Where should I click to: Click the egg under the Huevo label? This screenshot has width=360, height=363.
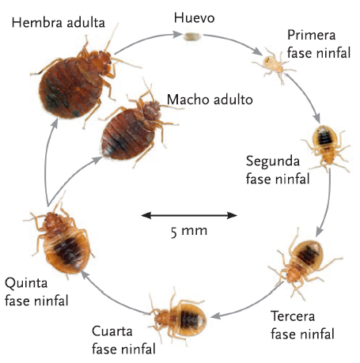tap(192, 36)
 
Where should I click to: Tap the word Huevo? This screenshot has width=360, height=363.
tap(194, 18)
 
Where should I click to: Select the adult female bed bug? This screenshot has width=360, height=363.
tap(78, 79)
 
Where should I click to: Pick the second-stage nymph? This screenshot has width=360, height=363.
tap(327, 146)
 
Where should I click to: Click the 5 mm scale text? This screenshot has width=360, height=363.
tap(189, 231)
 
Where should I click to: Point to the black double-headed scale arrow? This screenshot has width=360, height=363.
tap(189, 215)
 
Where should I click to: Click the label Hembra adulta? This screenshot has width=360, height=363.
tap(59, 23)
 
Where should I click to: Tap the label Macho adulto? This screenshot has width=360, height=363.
tap(210, 100)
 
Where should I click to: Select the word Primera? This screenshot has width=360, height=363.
tap(311, 35)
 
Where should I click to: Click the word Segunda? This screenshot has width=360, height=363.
tap(273, 161)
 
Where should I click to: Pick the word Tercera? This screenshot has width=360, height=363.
tap(293, 316)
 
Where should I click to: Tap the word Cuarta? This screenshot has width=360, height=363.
tap(112, 331)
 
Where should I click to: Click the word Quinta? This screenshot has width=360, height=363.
tap(26, 284)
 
